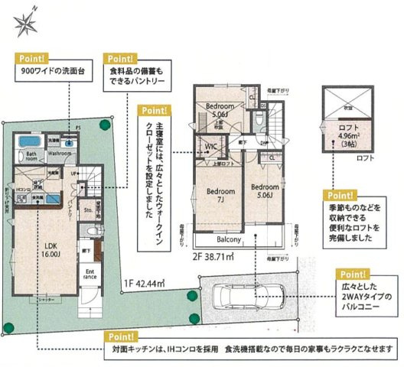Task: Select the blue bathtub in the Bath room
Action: [34, 142]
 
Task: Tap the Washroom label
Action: [60, 153]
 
